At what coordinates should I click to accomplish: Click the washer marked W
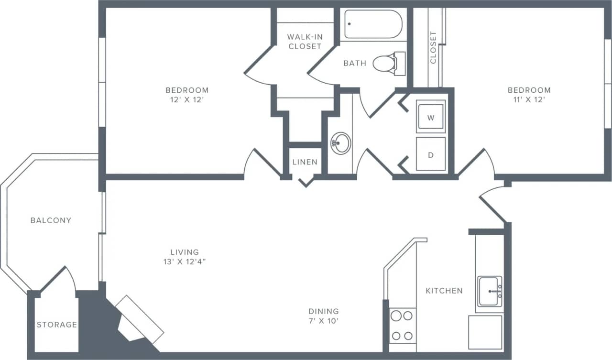tap(430, 118)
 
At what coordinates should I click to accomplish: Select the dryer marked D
tap(430, 154)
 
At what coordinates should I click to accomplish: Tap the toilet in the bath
tap(386, 63)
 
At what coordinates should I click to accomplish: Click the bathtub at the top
tap(373, 24)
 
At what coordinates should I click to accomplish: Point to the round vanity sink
tap(340, 143)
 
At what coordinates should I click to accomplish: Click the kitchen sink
tap(490, 291)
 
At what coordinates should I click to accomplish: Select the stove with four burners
tap(402, 326)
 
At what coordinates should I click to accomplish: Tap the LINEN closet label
tap(305, 162)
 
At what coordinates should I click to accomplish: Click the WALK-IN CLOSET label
tap(305, 42)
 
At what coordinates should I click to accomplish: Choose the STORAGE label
tap(57, 325)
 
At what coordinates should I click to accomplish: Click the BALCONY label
tap(51, 220)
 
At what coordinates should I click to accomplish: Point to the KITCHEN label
tap(444, 291)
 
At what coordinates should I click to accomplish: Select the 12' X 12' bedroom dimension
tap(187, 100)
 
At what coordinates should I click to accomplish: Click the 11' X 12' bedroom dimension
tap(529, 100)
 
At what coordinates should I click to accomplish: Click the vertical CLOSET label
tap(433, 48)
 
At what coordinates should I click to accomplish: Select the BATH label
tap(355, 63)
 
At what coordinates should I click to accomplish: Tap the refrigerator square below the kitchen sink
tap(485, 332)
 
